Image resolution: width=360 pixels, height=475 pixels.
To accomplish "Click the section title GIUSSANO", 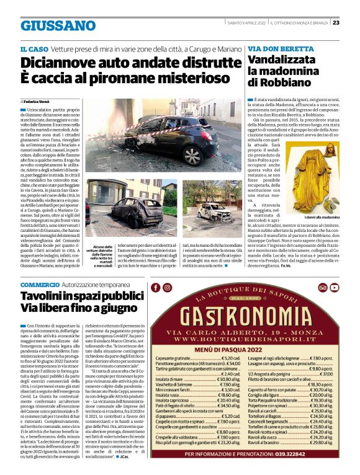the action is tap(58, 26).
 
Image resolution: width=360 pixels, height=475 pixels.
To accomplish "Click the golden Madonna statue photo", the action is tap(312, 180).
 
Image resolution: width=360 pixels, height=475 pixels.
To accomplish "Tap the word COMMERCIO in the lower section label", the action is tap(40, 285).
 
